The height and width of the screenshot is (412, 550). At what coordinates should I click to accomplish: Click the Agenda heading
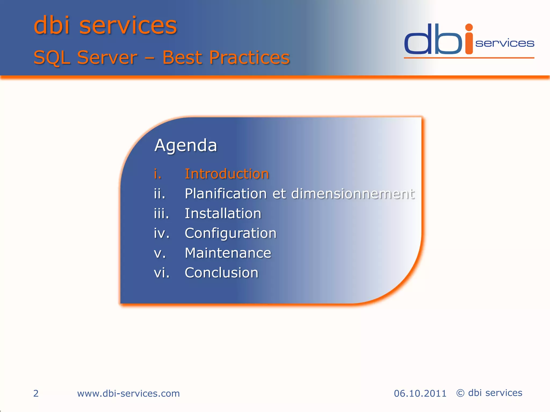tap(186, 146)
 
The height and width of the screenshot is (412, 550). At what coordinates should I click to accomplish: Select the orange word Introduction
tap(227, 174)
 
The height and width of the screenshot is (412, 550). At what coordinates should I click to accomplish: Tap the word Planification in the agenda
tap(226, 194)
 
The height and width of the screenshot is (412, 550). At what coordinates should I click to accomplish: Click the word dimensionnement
tap(353, 194)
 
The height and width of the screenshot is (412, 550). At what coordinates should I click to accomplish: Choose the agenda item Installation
tap(223, 214)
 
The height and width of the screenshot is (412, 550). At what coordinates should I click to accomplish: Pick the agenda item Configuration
tap(230, 233)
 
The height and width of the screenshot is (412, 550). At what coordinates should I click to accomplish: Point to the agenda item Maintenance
tap(228, 253)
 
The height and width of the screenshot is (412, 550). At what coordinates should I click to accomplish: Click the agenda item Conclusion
tap(222, 273)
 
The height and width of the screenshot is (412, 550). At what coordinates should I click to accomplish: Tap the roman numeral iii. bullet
tap(161, 214)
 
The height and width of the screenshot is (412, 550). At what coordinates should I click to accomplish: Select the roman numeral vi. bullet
tap(162, 273)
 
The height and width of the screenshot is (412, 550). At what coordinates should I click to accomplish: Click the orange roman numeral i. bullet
tap(158, 174)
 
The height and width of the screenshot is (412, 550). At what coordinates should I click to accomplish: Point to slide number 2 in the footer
tap(36, 393)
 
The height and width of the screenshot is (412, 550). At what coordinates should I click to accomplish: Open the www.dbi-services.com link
tap(128, 393)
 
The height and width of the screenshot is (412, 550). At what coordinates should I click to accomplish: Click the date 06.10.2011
tap(420, 393)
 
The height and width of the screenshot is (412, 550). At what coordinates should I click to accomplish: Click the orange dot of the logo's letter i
tap(469, 27)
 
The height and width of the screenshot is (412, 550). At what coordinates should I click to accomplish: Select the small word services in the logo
tap(505, 43)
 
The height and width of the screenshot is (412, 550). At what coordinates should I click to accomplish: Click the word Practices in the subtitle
tap(249, 57)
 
